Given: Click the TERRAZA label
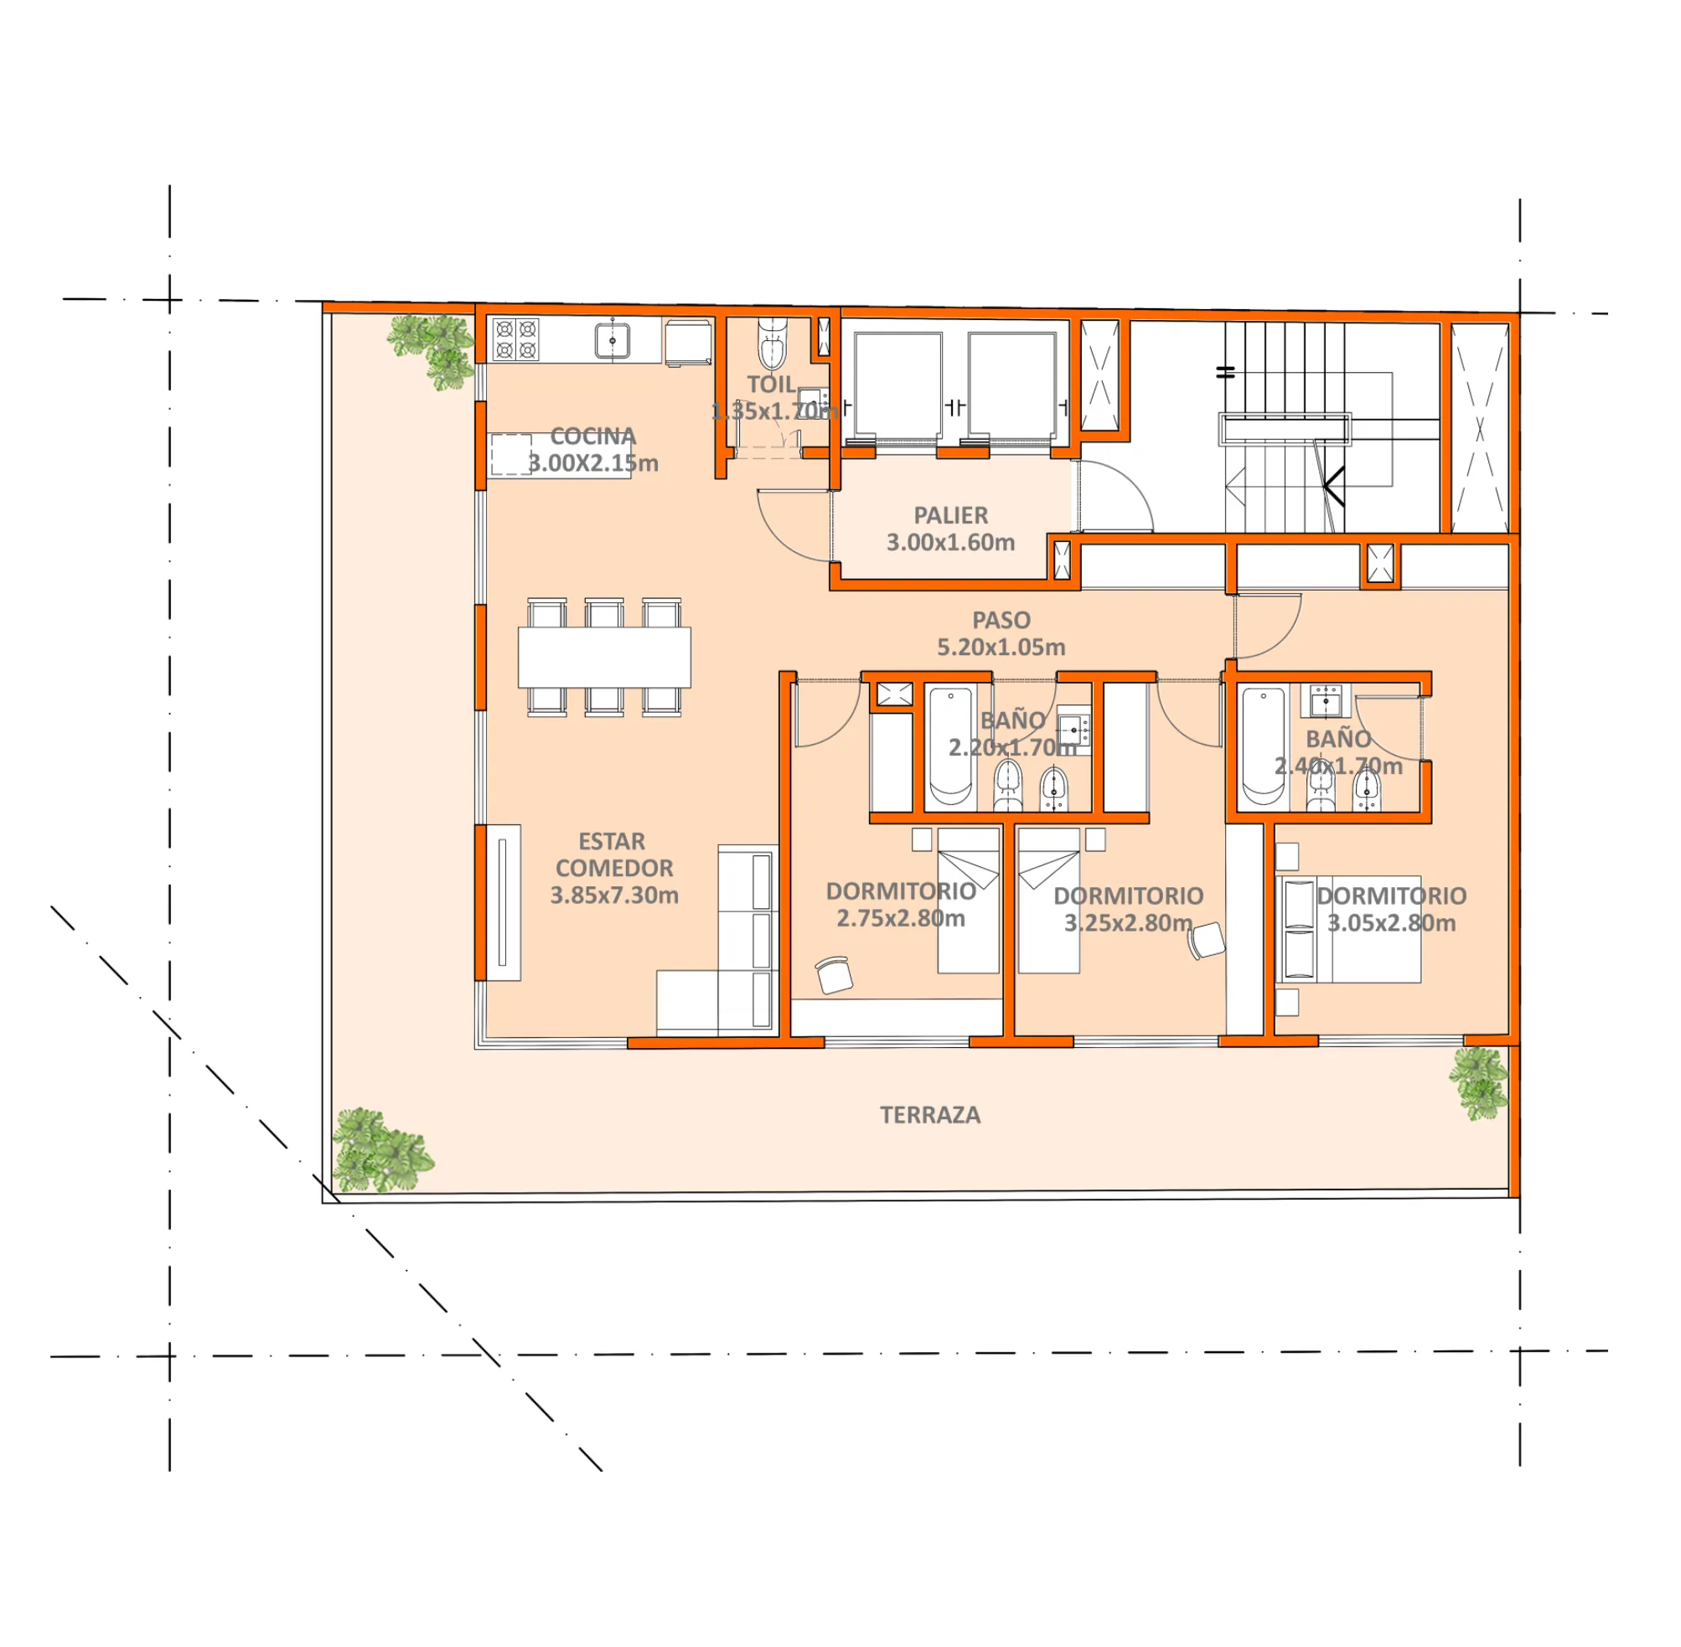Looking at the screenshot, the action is [930, 1115].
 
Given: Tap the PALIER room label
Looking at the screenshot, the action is [951, 515].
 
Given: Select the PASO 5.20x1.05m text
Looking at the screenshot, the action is [1001, 633].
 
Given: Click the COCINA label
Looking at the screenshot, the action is [593, 436].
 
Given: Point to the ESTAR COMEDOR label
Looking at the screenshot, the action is [613, 854].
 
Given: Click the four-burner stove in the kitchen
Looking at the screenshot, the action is [515, 339].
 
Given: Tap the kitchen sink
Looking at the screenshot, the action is [613, 340].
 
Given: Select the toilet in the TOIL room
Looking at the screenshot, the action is [772, 343].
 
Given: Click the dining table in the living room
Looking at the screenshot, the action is [604, 658].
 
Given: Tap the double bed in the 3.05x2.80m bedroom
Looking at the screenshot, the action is [1348, 929].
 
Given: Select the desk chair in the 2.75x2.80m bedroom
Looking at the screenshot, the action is [834, 975].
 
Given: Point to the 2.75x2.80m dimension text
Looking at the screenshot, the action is [901, 919].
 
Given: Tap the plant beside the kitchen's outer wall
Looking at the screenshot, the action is [432, 350].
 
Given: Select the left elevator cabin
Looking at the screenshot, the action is [897, 386].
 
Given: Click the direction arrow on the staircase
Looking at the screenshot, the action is [1333, 486].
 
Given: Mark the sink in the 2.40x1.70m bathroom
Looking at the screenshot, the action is [1326, 700].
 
